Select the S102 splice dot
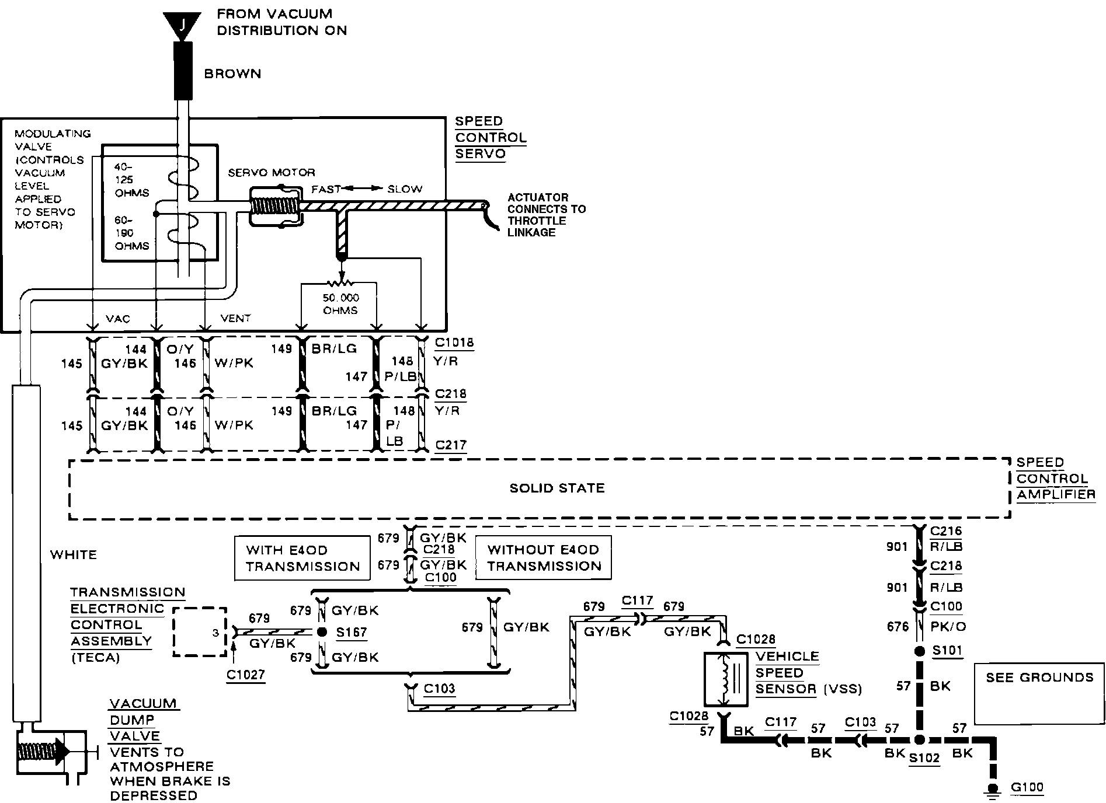(919, 740)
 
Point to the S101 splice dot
(919, 651)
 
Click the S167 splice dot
(321, 632)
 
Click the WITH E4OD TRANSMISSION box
(302, 558)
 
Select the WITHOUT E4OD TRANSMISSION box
(543, 558)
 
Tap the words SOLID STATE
(557, 488)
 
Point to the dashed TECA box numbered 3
(200, 632)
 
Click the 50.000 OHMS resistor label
(340, 304)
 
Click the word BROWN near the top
(232, 74)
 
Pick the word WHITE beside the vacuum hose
(74, 554)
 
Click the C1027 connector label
(246, 675)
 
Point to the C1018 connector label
(454, 343)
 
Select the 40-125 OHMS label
(132, 180)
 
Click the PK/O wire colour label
(948, 627)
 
